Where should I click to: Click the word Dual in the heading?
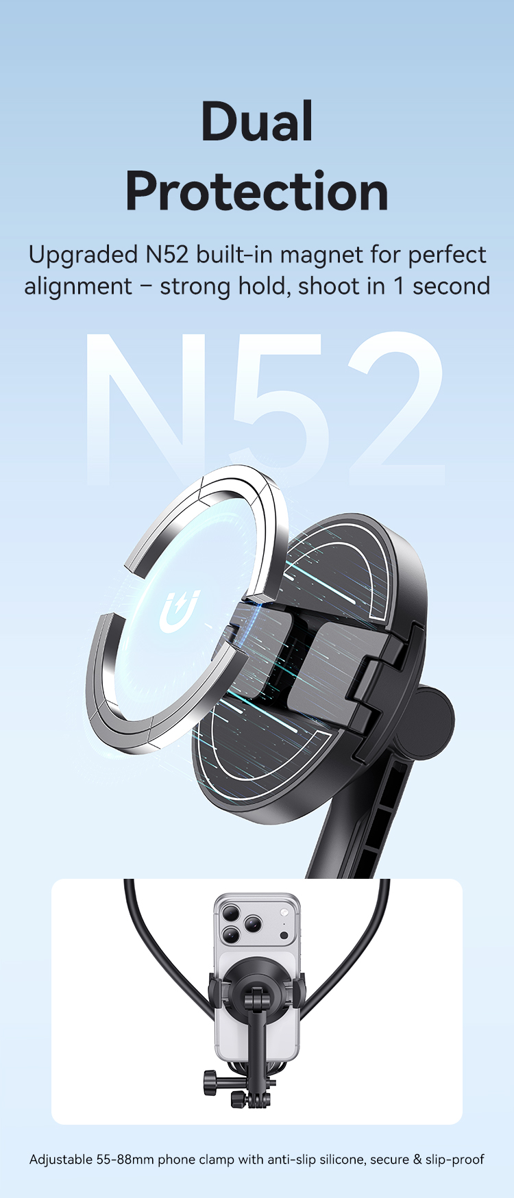click(x=257, y=122)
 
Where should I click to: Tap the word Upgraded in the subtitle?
click(x=83, y=255)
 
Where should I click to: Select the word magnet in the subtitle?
click(x=322, y=255)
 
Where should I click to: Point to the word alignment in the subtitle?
click(x=78, y=286)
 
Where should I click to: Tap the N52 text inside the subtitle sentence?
click(x=167, y=255)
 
